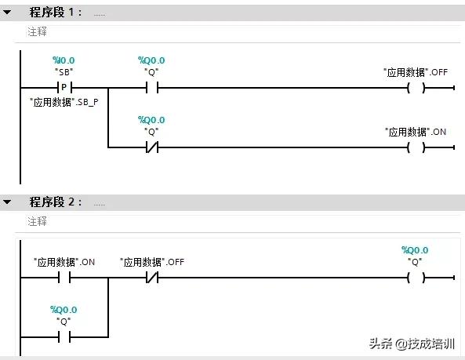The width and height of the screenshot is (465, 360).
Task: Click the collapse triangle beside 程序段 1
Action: click(x=7, y=13)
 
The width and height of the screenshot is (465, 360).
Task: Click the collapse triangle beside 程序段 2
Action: click(x=7, y=202)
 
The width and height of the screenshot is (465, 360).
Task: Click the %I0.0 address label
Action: click(x=64, y=60)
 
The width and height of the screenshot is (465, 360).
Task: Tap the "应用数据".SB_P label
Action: click(x=64, y=103)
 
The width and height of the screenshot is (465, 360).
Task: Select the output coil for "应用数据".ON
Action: click(x=416, y=147)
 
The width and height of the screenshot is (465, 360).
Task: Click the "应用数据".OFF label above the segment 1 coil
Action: click(x=416, y=72)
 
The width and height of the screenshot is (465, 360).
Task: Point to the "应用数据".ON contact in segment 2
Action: click(x=64, y=278)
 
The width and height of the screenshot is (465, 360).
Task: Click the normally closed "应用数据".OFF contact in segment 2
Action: click(x=151, y=278)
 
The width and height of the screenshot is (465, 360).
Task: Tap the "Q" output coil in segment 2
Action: click(x=416, y=278)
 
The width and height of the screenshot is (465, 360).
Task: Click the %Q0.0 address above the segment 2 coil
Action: click(x=416, y=250)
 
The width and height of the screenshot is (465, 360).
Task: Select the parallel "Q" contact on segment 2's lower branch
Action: click(x=64, y=337)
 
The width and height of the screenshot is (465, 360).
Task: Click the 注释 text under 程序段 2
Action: click(x=38, y=222)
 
